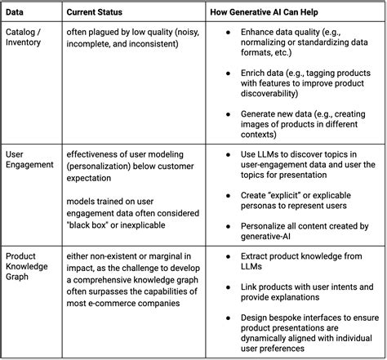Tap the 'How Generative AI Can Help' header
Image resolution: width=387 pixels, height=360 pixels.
(278, 12)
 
